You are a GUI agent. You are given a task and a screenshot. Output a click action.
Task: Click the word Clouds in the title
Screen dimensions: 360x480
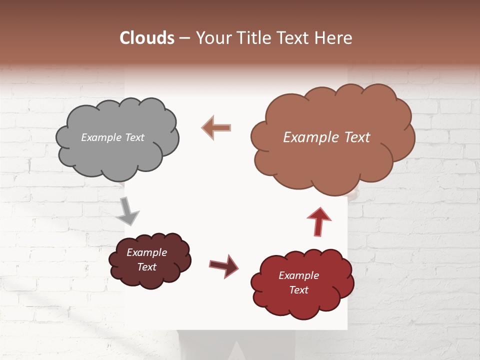147,38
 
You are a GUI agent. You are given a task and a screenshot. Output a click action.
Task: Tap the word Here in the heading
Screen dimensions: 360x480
334,38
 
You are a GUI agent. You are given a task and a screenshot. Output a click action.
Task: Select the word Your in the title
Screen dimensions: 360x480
211,38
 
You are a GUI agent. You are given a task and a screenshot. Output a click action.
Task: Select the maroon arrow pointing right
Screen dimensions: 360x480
223,265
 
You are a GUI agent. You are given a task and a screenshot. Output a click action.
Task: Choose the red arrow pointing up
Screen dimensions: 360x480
318,220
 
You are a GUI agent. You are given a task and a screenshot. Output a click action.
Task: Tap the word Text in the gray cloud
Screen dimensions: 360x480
134,137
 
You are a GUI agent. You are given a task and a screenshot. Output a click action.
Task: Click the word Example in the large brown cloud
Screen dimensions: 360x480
310,137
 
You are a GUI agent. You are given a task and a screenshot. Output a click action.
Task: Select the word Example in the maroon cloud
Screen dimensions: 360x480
146,252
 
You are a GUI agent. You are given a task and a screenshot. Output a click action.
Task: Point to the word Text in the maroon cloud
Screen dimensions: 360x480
146,267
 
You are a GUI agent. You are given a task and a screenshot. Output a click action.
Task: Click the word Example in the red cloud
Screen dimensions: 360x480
298,275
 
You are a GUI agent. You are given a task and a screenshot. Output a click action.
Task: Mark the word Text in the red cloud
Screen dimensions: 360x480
298,290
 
